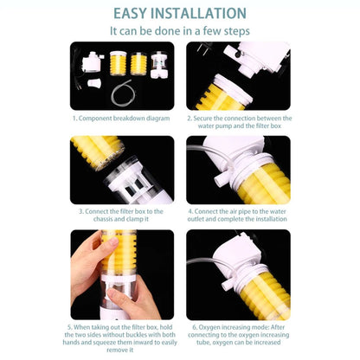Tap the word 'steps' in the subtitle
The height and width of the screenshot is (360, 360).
236,30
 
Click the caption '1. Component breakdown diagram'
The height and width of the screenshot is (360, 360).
122,118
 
